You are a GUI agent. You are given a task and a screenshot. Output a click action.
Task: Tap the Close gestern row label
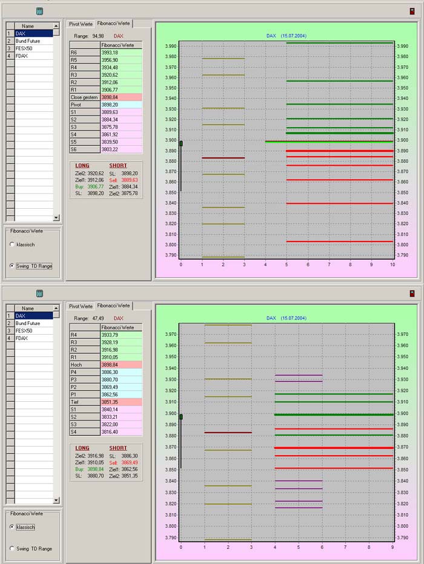(x=84, y=97)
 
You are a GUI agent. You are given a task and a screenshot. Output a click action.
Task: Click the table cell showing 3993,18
(x=121, y=53)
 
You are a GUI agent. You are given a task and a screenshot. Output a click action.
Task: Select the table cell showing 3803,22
(x=121, y=149)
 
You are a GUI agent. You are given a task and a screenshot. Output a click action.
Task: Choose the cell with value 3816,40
(x=121, y=431)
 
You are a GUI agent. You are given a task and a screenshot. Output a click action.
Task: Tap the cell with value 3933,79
(x=121, y=335)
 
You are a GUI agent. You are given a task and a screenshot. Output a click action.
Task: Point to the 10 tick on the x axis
(x=393, y=264)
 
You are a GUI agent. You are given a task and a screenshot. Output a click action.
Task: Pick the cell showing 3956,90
(x=121, y=60)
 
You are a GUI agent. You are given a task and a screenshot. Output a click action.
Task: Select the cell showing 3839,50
(x=121, y=142)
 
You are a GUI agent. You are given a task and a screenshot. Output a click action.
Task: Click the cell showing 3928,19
(x=121, y=343)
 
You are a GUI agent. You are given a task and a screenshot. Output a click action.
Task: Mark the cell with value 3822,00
(x=121, y=424)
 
